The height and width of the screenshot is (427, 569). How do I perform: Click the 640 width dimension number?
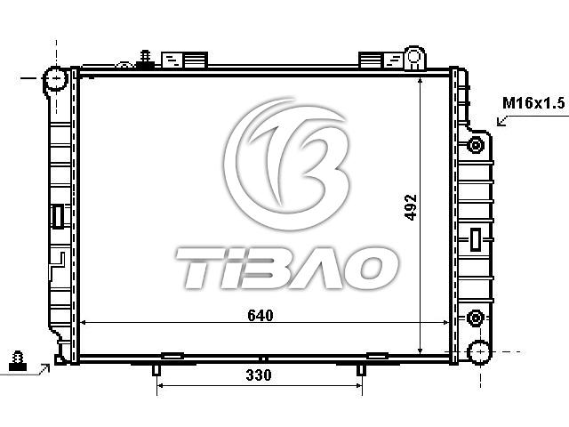pyautogui.click(x=260, y=315)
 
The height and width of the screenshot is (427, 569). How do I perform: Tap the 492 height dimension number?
pyautogui.click(x=411, y=207)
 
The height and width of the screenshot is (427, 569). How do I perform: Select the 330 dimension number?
pyautogui.click(x=259, y=375)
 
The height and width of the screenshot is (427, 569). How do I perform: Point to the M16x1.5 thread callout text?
pyautogui.click(x=533, y=103)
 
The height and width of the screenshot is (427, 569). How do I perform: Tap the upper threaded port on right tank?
pyautogui.click(x=475, y=145)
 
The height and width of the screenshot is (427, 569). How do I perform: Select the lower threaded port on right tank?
pyautogui.click(x=475, y=318)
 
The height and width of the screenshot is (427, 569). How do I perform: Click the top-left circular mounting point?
pyautogui.click(x=56, y=78)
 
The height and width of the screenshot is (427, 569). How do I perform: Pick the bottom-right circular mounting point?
pyautogui.click(x=480, y=351)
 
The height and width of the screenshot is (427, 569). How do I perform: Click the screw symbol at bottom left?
pyautogui.click(x=18, y=360)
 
